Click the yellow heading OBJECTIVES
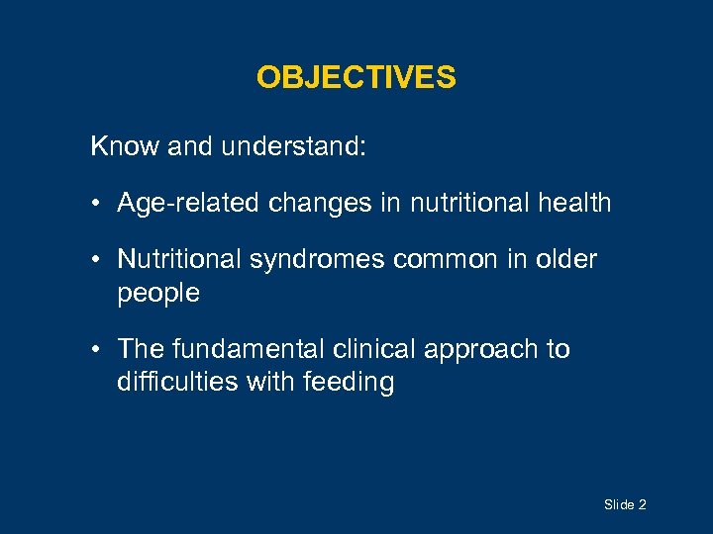[356, 77]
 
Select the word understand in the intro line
[294, 147]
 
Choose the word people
[158, 294]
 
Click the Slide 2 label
[625, 505]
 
